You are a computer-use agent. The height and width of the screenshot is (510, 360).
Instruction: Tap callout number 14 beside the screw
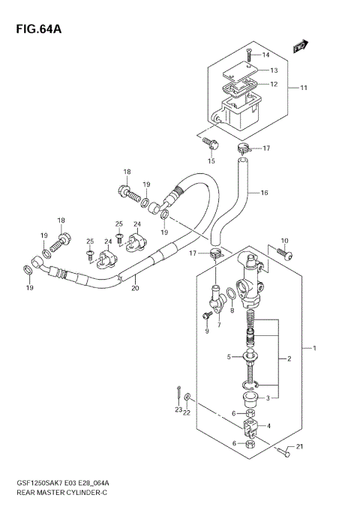(x=265, y=55)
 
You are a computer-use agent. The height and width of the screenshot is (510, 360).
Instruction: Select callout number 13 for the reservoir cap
(x=274, y=70)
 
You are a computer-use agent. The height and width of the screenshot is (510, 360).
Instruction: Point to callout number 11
(x=304, y=88)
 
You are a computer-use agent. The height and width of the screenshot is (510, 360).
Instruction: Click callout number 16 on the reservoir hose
(x=264, y=193)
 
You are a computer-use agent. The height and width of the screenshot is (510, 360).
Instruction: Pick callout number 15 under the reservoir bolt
(x=211, y=160)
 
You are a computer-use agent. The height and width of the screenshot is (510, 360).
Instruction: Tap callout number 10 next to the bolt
(x=283, y=241)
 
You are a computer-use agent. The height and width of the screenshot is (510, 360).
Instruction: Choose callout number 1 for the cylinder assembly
(x=315, y=349)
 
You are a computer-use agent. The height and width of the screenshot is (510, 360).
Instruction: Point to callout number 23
(x=178, y=409)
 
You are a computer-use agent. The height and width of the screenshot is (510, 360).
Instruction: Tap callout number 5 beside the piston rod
(x=229, y=357)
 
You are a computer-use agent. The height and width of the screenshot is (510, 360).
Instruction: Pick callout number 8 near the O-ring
(x=232, y=310)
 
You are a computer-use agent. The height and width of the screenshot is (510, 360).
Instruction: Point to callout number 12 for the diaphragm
(x=274, y=84)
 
